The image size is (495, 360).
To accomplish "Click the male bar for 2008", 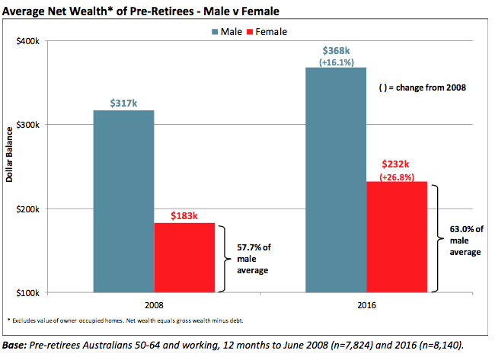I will pyautogui.click(x=123, y=201).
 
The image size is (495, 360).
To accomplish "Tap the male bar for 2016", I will pyautogui.click(x=336, y=180).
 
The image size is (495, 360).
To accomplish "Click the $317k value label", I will pyautogui.click(x=123, y=103).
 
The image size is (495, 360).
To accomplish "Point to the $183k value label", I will pyautogui.click(x=184, y=215).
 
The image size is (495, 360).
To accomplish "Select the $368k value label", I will pyautogui.click(x=336, y=49).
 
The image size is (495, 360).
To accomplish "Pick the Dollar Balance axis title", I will pyautogui.click(x=11, y=167).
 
